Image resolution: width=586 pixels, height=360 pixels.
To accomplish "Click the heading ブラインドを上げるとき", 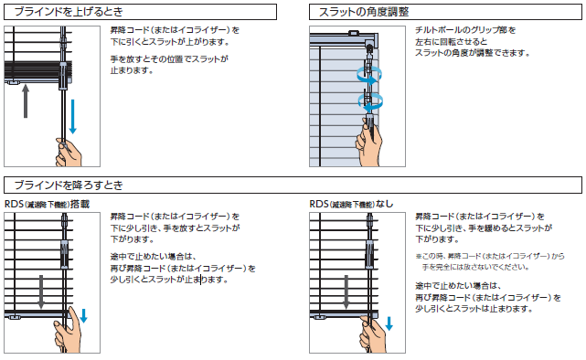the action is tap(69, 12).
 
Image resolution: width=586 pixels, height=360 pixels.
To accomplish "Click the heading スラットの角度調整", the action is tap(364, 12).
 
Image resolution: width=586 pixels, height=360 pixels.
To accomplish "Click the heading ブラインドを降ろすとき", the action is tap(69, 185).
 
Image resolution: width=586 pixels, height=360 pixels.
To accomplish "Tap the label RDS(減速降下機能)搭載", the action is tap(48, 204).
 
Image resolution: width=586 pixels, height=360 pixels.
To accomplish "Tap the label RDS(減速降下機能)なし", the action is tap(351, 204).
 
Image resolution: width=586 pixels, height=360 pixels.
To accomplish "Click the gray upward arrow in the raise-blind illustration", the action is tap(26, 101).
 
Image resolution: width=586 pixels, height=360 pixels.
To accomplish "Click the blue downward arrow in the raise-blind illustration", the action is tap(73, 116).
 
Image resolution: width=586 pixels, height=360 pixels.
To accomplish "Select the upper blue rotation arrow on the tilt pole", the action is tap(369, 74).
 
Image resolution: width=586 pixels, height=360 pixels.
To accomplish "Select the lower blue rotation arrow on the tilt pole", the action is tap(370, 101).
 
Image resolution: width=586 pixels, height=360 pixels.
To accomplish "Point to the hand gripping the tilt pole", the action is tap(369, 143).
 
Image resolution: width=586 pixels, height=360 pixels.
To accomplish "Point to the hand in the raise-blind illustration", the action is tap(69, 153).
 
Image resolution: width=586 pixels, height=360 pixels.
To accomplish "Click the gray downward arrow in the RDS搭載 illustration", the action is tap(41, 292).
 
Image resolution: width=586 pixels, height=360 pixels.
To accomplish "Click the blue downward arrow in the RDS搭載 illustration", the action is tap(84, 315).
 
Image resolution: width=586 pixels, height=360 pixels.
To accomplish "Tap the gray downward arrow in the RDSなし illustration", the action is tap(346, 292).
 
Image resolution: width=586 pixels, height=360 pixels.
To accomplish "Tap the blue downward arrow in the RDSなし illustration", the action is tap(389, 323).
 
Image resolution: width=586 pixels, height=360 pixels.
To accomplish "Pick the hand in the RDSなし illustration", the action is tap(372, 334).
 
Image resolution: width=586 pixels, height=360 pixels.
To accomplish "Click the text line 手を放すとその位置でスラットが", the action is tap(169, 59).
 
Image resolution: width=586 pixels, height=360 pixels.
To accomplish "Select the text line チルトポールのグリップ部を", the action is tap(465, 30).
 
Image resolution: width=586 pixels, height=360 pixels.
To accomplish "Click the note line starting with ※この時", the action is tap(490, 256).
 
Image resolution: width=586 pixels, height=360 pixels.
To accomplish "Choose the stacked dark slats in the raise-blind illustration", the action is tap(38, 70).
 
